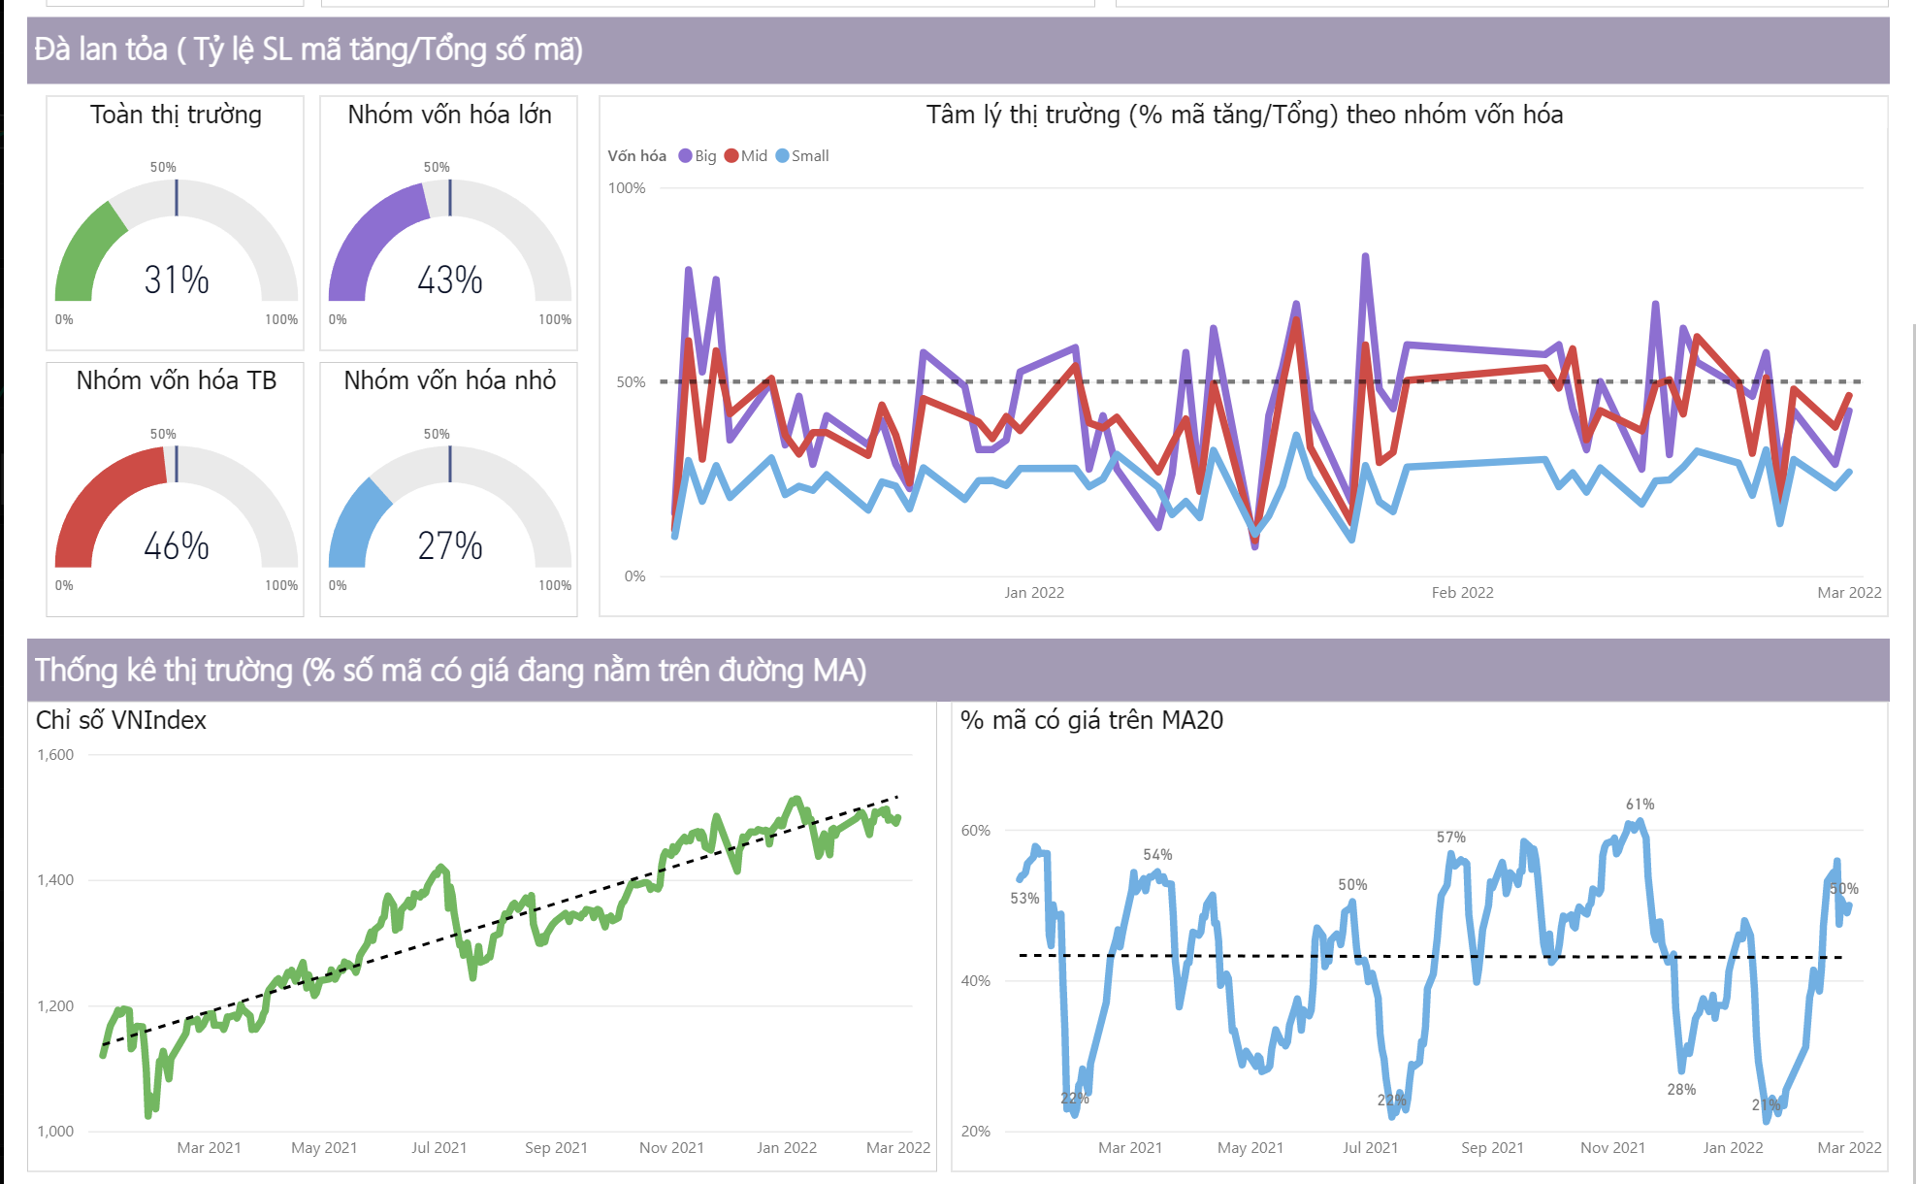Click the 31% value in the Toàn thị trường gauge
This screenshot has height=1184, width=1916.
tap(177, 280)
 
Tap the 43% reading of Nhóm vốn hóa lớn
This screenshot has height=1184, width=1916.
tap(450, 280)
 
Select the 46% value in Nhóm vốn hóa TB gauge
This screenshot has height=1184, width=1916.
tap(177, 545)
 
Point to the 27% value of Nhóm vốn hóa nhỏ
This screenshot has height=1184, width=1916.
tap(450, 545)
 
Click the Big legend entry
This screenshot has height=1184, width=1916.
tap(698, 156)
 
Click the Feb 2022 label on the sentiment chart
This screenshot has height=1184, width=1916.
tap(1462, 592)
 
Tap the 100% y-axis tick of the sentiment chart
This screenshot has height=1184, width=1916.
tap(627, 188)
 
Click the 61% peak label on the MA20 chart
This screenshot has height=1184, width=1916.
tap(1640, 805)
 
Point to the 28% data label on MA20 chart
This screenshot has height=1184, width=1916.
tap(1681, 1090)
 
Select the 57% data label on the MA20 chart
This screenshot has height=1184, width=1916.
tap(1451, 838)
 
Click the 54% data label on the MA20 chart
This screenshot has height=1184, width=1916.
tap(1157, 855)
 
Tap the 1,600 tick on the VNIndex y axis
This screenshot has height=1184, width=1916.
tap(55, 755)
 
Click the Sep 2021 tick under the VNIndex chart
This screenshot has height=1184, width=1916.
tap(556, 1147)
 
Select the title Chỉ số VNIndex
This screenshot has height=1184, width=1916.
tap(121, 720)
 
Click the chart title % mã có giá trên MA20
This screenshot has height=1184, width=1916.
tap(1091, 720)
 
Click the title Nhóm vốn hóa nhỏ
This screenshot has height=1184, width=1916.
tap(450, 380)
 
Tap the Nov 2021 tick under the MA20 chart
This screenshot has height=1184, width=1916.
tap(1612, 1147)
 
